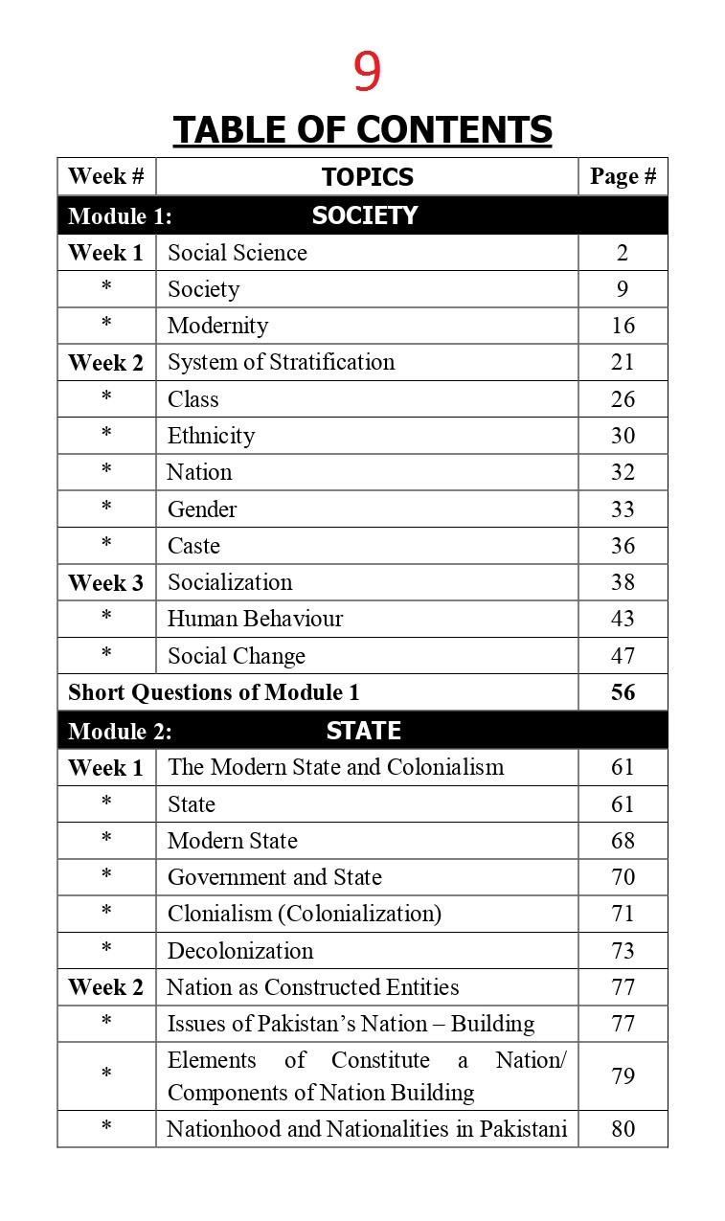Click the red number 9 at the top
[x=367, y=72]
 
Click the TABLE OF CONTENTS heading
[x=363, y=129]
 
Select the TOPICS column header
[x=368, y=177]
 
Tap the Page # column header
[x=623, y=177]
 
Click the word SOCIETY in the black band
[x=365, y=215]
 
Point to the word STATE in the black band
[x=363, y=731]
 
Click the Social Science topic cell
[x=238, y=253]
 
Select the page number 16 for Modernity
[x=623, y=326]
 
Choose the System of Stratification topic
[x=281, y=362]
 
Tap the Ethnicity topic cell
[x=211, y=436]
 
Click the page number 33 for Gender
[x=623, y=509]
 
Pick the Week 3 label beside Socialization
[x=105, y=582]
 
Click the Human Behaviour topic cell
[x=255, y=619]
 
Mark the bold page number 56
[x=623, y=692]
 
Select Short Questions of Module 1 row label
[x=214, y=692]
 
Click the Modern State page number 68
[x=623, y=841]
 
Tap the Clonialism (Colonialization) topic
[x=305, y=914]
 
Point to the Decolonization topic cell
[x=240, y=951]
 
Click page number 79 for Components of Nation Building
[x=623, y=1076]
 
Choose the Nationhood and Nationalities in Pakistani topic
[x=367, y=1129]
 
